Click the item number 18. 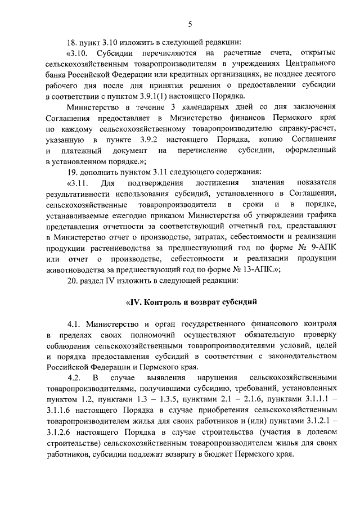coord(71,42)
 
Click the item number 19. coord(71,172)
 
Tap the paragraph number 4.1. coord(74,325)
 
